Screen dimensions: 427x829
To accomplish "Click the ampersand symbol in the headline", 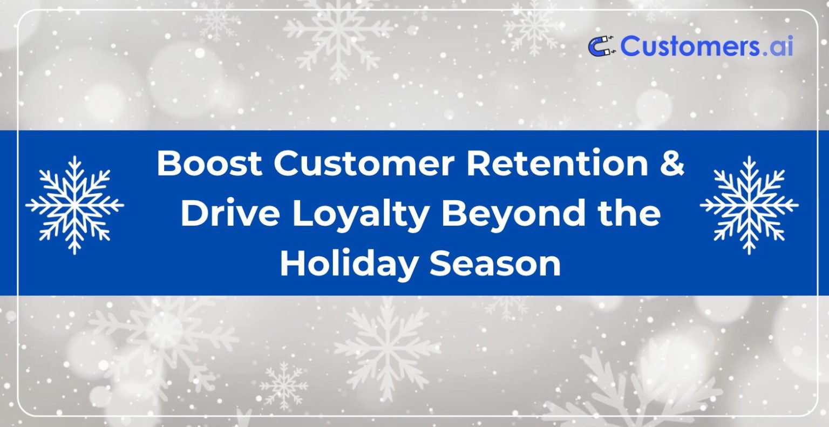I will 672,164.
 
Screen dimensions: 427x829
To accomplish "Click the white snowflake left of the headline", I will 74,205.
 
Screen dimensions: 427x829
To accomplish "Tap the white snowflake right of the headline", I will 749,205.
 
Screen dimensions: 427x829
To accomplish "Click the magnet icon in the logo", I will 601,46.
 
